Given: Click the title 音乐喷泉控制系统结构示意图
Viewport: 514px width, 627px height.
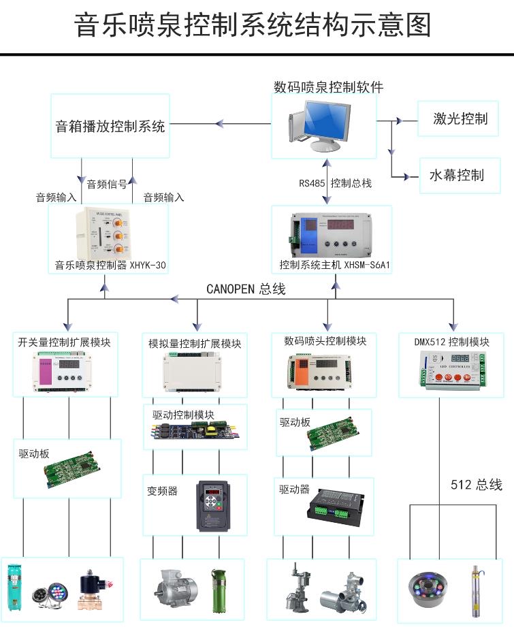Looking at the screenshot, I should click(x=253, y=26).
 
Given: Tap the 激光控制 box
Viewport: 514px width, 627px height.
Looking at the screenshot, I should click(x=460, y=119).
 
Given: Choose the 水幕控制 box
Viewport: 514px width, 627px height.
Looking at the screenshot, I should click(x=456, y=175).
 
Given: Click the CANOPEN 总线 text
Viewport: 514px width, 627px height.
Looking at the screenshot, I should click(x=246, y=289).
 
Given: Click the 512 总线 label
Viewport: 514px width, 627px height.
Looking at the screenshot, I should click(x=477, y=485).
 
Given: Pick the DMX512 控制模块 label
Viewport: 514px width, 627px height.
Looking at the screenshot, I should click(x=452, y=342).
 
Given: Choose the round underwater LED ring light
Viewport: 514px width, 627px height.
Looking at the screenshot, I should click(x=424, y=588).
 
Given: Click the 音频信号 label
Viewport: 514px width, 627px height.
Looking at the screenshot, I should click(x=107, y=184).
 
